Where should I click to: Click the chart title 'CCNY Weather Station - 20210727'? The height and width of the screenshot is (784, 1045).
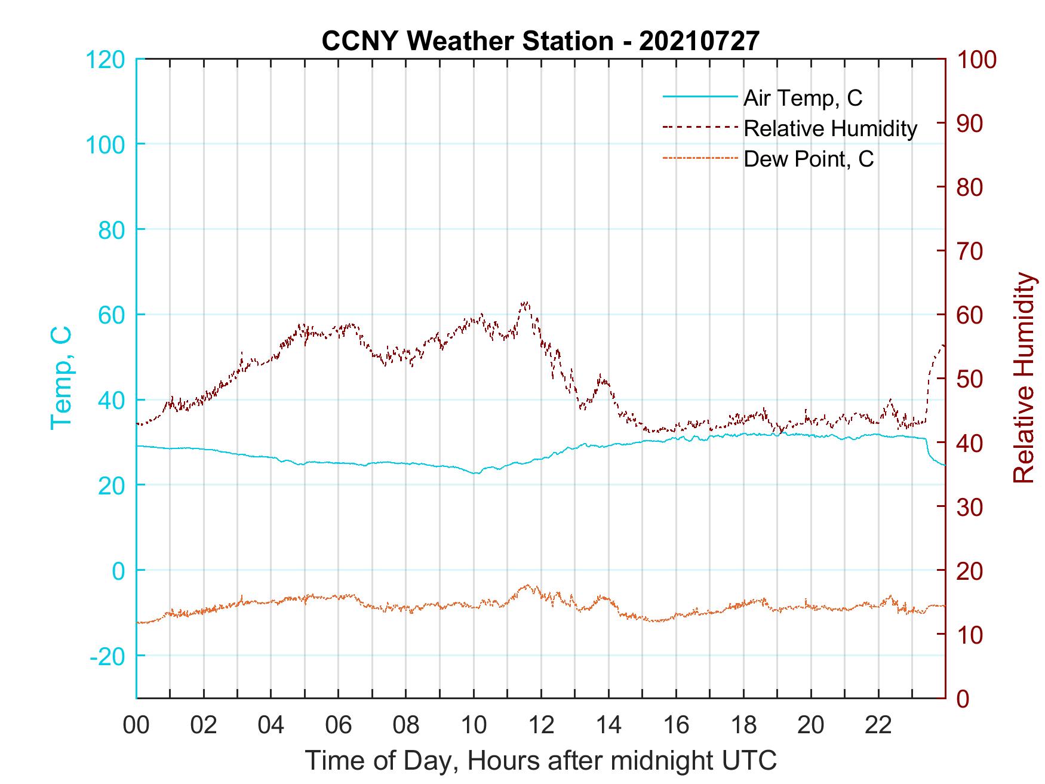click(x=540, y=41)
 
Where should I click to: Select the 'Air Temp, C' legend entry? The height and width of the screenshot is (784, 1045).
click(x=803, y=98)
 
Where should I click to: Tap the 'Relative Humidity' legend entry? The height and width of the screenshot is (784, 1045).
click(x=830, y=128)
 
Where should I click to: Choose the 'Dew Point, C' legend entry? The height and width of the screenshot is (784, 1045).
click(x=809, y=159)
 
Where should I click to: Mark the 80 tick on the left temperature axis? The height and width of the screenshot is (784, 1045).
click(x=110, y=229)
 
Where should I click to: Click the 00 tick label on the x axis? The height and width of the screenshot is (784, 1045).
click(x=136, y=725)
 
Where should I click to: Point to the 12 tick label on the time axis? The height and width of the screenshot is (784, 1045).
click(x=541, y=725)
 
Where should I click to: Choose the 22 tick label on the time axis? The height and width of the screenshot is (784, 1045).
click(x=878, y=725)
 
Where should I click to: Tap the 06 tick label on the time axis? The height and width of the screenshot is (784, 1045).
click(x=339, y=725)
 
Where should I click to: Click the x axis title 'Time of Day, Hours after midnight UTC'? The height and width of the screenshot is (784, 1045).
click(x=541, y=761)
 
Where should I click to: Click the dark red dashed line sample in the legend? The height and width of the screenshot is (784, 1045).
click(x=700, y=127)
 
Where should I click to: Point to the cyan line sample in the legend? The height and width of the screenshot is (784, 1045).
click(x=700, y=97)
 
